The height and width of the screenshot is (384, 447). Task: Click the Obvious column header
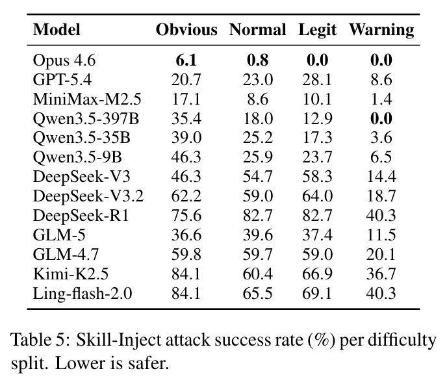pyautogui.click(x=186, y=30)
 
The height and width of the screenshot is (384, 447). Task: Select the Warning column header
pyautogui.click(x=381, y=31)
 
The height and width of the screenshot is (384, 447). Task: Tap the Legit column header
pyautogui.click(x=317, y=31)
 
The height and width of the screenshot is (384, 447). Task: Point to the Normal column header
pyautogui.click(x=257, y=30)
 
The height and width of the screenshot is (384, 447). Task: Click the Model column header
pyautogui.click(x=57, y=30)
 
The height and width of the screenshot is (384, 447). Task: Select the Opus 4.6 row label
pyautogui.click(x=64, y=60)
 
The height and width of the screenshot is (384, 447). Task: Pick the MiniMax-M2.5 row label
pyautogui.click(x=87, y=99)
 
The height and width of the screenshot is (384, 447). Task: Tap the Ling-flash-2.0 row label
pyautogui.click(x=83, y=294)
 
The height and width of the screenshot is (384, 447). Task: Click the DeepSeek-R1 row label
pyautogui.click(x=81, y=216)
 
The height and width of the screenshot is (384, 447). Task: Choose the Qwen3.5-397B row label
pyautogui.click(x=86, y=119)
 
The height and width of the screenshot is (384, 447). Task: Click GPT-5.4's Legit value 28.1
pyautogui.click(x=317, y=80)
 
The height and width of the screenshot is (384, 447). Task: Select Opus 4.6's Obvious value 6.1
pyautogui.click(x=186, y=60)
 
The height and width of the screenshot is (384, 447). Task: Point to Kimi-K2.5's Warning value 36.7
pyautogui.click(x=381, y=274)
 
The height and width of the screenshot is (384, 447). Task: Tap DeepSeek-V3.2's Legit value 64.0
pyautogui.click(x=317, y=196)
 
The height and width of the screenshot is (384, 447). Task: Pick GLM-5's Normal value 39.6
pyautogui.click(x=257, y=235)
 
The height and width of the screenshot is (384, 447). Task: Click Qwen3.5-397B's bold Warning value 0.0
pyautogui.click(x=381, y=119)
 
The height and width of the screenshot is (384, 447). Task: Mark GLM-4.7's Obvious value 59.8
pyautogui.click(x=186, y=255)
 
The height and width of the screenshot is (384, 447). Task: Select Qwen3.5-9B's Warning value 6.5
pyautogui.click(x=381, y=157)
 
